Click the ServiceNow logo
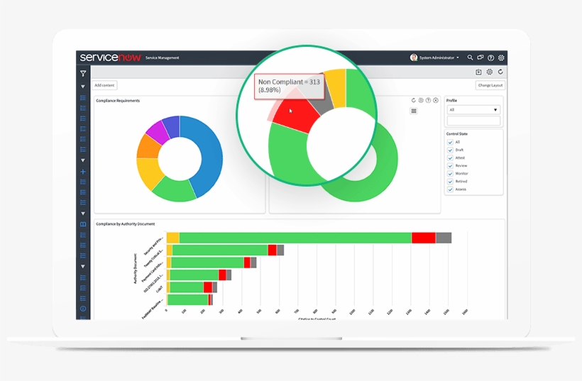[109, 57]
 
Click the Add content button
[104, 85]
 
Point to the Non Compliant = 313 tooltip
[290, 86]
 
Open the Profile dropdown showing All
[473, 110]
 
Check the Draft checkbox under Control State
[450, 150]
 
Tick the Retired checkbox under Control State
[450, 182]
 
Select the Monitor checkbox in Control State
[450, 174]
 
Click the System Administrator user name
[439, 57]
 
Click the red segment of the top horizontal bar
[423, 238]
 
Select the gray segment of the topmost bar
[444, 238]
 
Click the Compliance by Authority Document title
[126, 224]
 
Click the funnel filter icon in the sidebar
[83, 73]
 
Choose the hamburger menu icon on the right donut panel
[414, 111]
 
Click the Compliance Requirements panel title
[118, 101]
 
